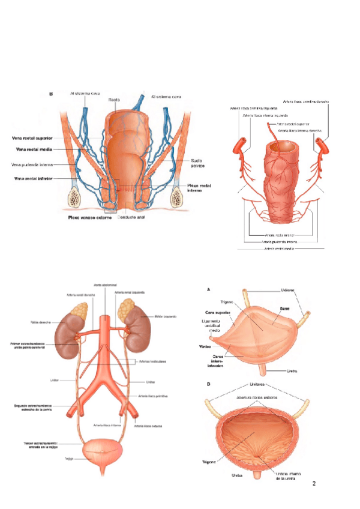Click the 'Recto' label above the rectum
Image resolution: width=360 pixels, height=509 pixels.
click(x=114, y=100)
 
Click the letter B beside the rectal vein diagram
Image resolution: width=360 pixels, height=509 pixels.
click(x=50, y=94)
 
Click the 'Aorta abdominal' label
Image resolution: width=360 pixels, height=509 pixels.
click(x=105, y=285)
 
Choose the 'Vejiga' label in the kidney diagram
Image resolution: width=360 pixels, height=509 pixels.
click(x=69, y=459)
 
